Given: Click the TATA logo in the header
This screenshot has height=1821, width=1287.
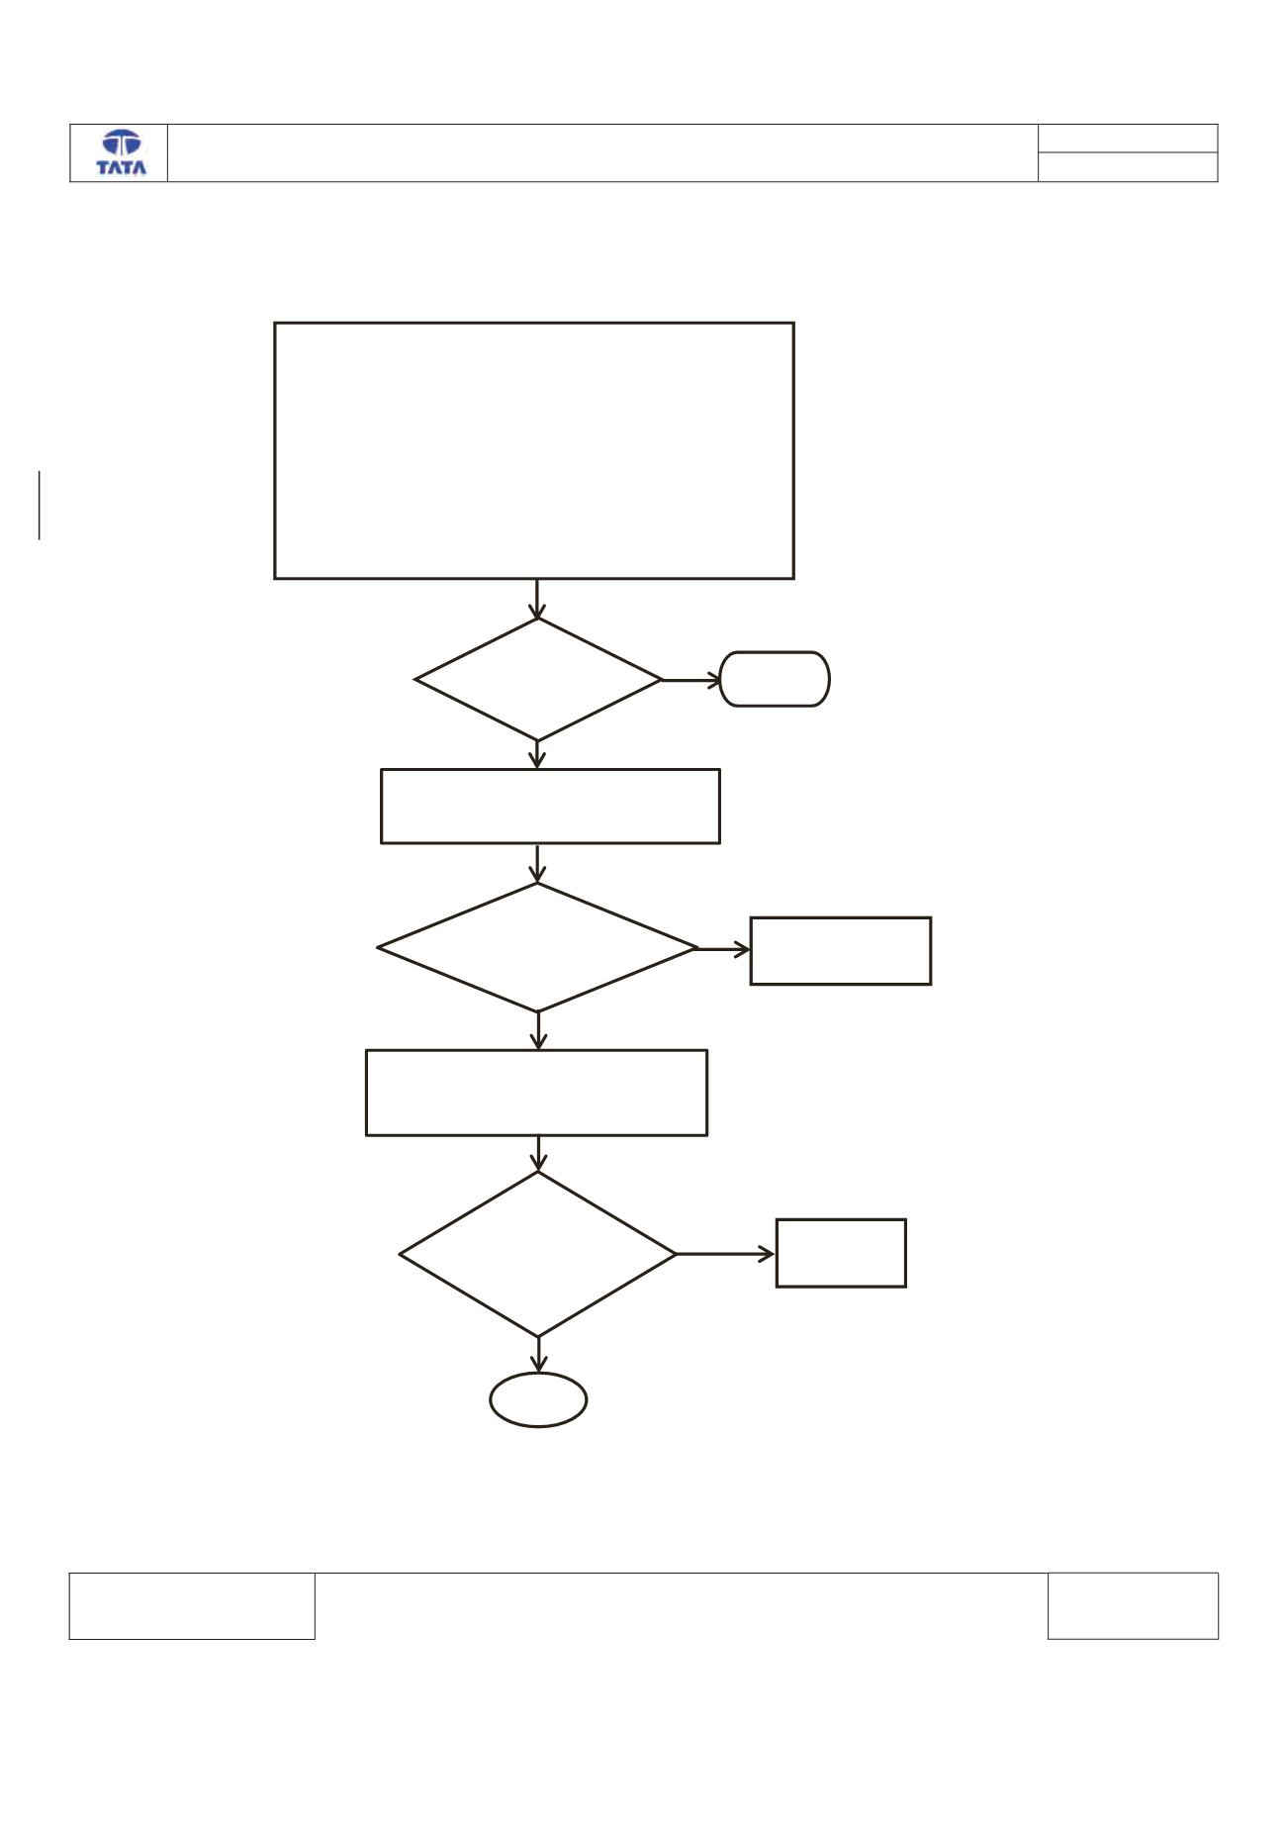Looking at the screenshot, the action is [x=121, y=152].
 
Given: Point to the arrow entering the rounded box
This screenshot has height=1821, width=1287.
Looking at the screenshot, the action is [x=691, y=680].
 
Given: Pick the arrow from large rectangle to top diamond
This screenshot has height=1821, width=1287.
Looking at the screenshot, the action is [x=537, y=599].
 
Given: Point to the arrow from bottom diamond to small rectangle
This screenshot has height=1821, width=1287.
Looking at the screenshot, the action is [x=726, y=1254].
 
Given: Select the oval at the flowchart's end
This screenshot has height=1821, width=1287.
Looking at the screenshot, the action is [x=538, y=1374].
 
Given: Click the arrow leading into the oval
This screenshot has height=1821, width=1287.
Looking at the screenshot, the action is [x=538, y=1355].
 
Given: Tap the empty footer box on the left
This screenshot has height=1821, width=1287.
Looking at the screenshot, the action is [x=192, y=1574].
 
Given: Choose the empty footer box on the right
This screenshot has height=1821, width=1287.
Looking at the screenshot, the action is [x=1133, y=1574].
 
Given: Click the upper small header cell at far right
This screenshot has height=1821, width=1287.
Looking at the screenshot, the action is [x=1128, y=125].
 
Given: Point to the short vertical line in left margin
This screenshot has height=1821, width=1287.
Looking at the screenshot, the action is [x=40, y=506].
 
